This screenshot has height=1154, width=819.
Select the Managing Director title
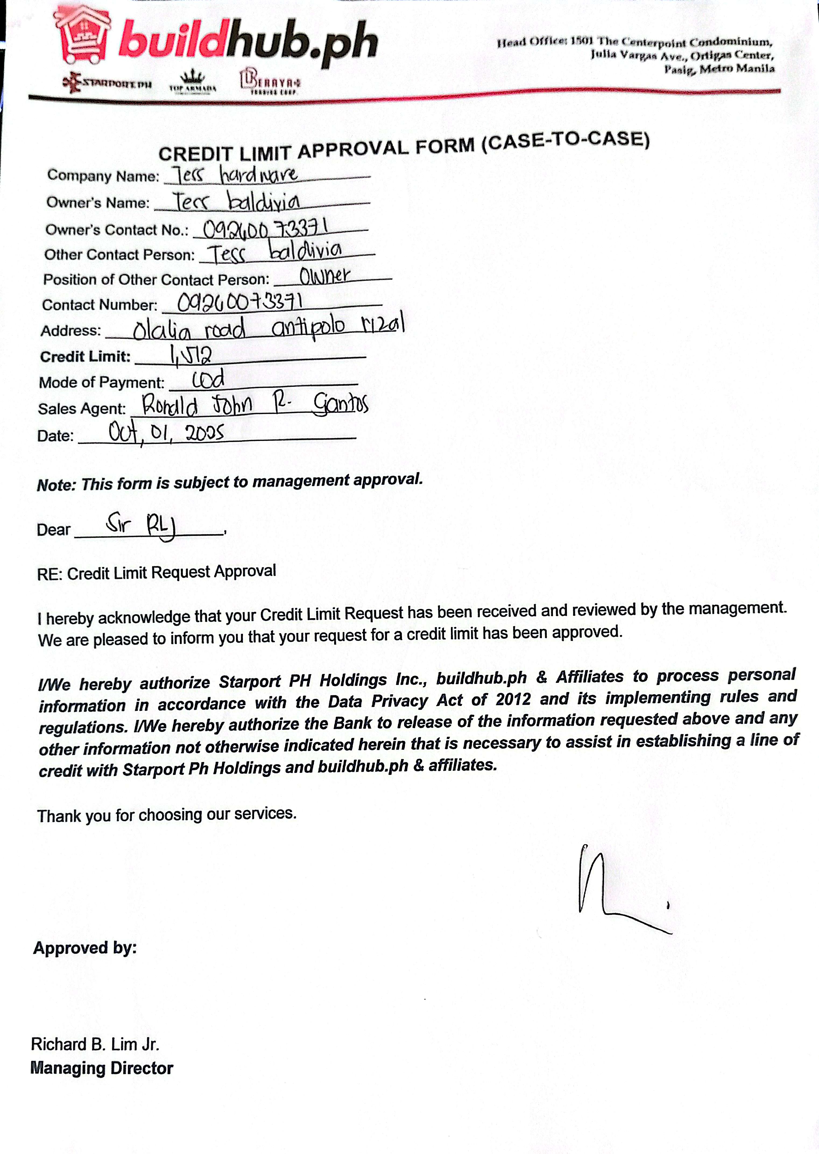tap(102, 1068)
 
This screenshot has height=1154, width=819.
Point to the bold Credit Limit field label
tap(85, 357)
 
